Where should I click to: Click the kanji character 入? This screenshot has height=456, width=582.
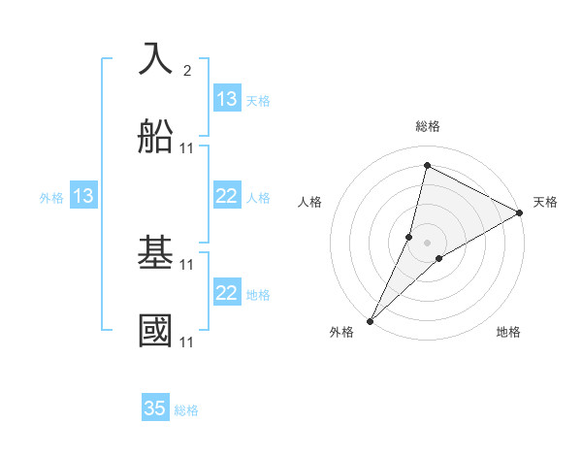point(156,59)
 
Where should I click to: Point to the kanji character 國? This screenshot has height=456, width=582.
point(156,330)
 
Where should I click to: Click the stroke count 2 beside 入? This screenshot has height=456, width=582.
point(187,71)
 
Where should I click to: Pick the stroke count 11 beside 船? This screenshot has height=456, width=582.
point(187,148)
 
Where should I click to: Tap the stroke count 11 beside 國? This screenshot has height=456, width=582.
point(187,342)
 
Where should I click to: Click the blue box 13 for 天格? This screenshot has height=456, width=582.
point(226,99)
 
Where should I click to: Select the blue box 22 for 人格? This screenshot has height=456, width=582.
point(226,196)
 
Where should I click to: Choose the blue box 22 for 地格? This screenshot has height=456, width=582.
point(226,293)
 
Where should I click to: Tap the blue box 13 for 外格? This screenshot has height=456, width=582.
point(83,196)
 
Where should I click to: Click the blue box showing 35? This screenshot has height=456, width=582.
point(155,408)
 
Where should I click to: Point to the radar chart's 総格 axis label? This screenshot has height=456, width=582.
point(428,126)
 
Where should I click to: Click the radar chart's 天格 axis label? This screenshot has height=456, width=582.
point(545,202)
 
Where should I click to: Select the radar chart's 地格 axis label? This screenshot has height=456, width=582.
point(508,332)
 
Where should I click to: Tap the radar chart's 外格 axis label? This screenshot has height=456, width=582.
point(341,332)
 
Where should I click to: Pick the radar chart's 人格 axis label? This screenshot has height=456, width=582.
point(309,202)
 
